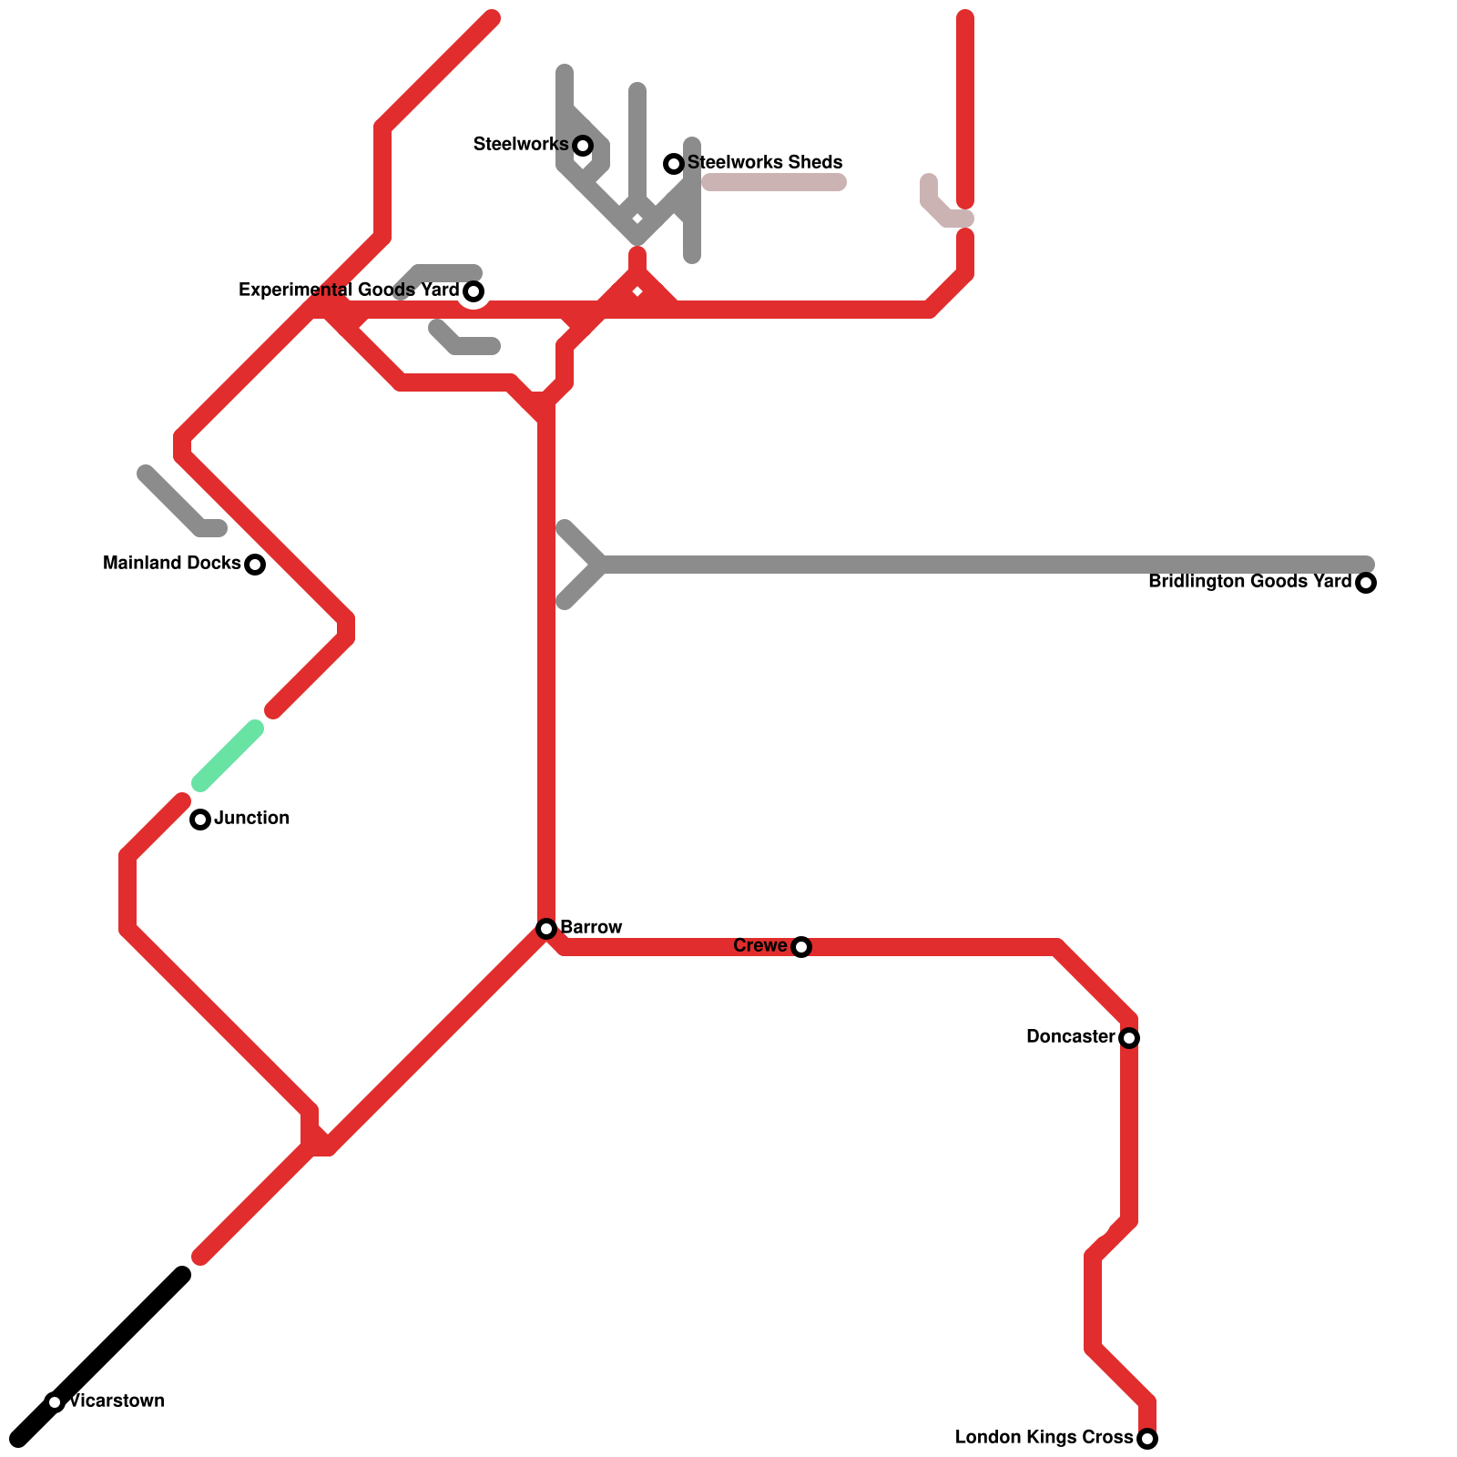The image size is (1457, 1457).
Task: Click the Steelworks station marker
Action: coord(583,146)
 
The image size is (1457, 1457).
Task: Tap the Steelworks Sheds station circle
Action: coord(674,164)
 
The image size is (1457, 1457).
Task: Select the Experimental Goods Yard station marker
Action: coord(474,291)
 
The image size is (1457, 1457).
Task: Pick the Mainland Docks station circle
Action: coord(255,565)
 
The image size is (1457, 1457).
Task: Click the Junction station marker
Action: coord(200,820)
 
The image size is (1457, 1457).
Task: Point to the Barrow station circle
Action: coord(546,929)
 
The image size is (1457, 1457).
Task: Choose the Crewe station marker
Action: coord(801,947)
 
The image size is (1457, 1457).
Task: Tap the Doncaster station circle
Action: coord(1129,1038)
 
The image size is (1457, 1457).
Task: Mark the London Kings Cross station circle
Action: coord(1147,1439)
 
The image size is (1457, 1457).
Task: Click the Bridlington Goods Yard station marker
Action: coord(1366,583)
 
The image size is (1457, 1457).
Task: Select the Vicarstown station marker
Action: coord(55,1402)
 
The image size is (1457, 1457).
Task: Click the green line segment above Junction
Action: coord(228,756)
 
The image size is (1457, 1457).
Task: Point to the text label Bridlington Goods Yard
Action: coord(1249,581)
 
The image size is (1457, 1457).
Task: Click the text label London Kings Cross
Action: coord(1044,1437)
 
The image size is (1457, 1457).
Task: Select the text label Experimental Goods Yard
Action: coord(348,290)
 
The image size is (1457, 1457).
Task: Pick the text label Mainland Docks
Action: coord(171,563)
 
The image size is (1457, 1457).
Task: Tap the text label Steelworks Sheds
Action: coord(765,162)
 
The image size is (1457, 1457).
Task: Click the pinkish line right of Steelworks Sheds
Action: coord(774,183)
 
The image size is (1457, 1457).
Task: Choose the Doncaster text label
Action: coord(1070,1036)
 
